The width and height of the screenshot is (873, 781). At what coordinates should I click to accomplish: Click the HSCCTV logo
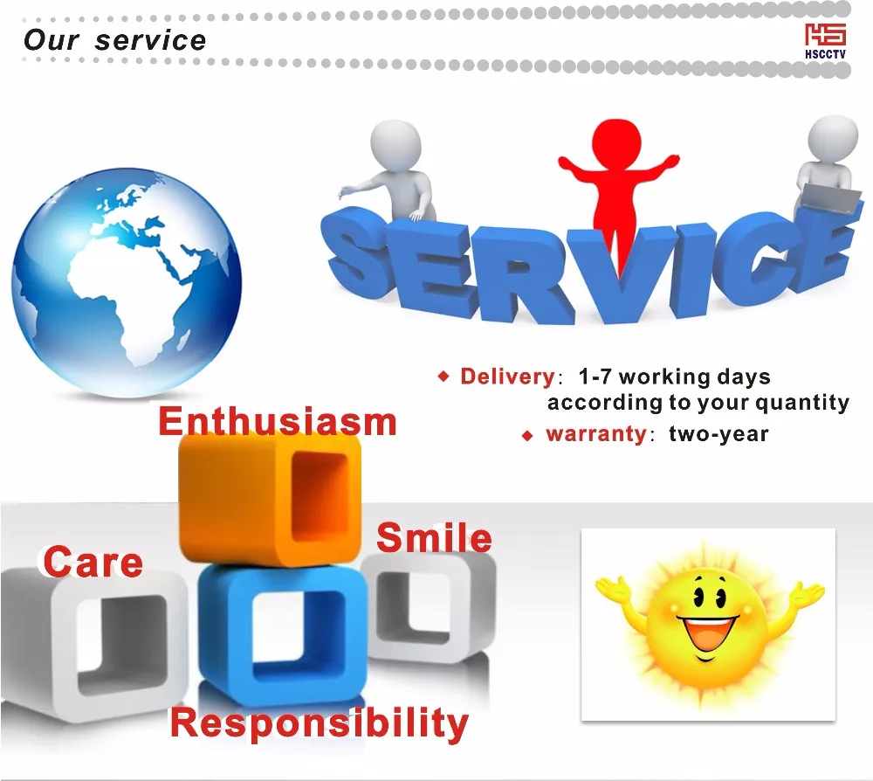(825, 41)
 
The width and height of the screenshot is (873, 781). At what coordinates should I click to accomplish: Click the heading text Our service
(114, 40)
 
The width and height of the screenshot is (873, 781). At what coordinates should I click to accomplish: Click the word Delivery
(507, 377)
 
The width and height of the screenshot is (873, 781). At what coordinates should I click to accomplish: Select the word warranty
(595, 433)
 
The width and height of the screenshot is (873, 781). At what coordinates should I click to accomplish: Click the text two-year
(718, 433)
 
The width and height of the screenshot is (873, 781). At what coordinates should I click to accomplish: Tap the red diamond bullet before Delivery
(443, 377)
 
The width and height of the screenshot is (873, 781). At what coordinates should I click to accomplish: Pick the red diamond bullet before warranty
(528, 435)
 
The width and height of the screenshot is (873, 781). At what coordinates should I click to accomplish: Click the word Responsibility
(319, 722)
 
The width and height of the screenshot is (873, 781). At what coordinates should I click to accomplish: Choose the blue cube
(284, 632)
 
